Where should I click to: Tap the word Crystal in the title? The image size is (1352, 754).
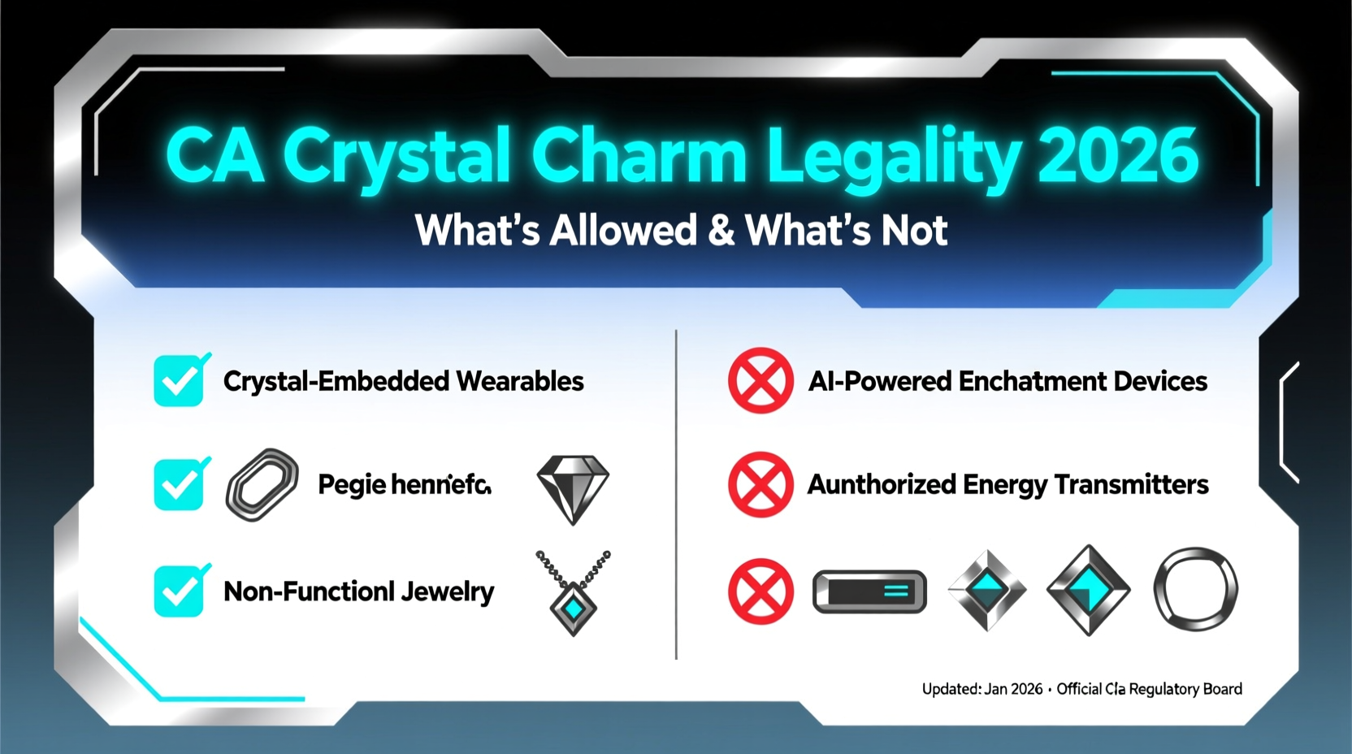click(x=397, y=155)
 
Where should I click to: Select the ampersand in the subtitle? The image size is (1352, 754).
click(x=721, y=231)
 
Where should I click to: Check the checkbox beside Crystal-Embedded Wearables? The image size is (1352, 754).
click(x=180, y=380)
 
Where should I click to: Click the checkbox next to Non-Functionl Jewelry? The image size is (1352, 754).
click(x=180, y=591)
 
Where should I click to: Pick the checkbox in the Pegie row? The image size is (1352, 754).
click(x=180, y=484)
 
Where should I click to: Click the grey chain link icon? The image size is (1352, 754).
click(x=262, y=484)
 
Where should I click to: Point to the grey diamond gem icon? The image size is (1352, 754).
click(x=573, y=487)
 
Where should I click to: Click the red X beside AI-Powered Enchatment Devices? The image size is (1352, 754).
click(x=760, y=380)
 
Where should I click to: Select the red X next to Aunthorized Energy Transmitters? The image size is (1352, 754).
click(x=760, y=484)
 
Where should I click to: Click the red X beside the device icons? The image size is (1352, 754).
click(x=760, y=591)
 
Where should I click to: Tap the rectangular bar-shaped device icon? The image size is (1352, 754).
click(x=869, y=591)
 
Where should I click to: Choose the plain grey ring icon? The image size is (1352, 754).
click(x=1195, y=589)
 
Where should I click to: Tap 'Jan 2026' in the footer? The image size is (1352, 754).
click(x=1013, y=689)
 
